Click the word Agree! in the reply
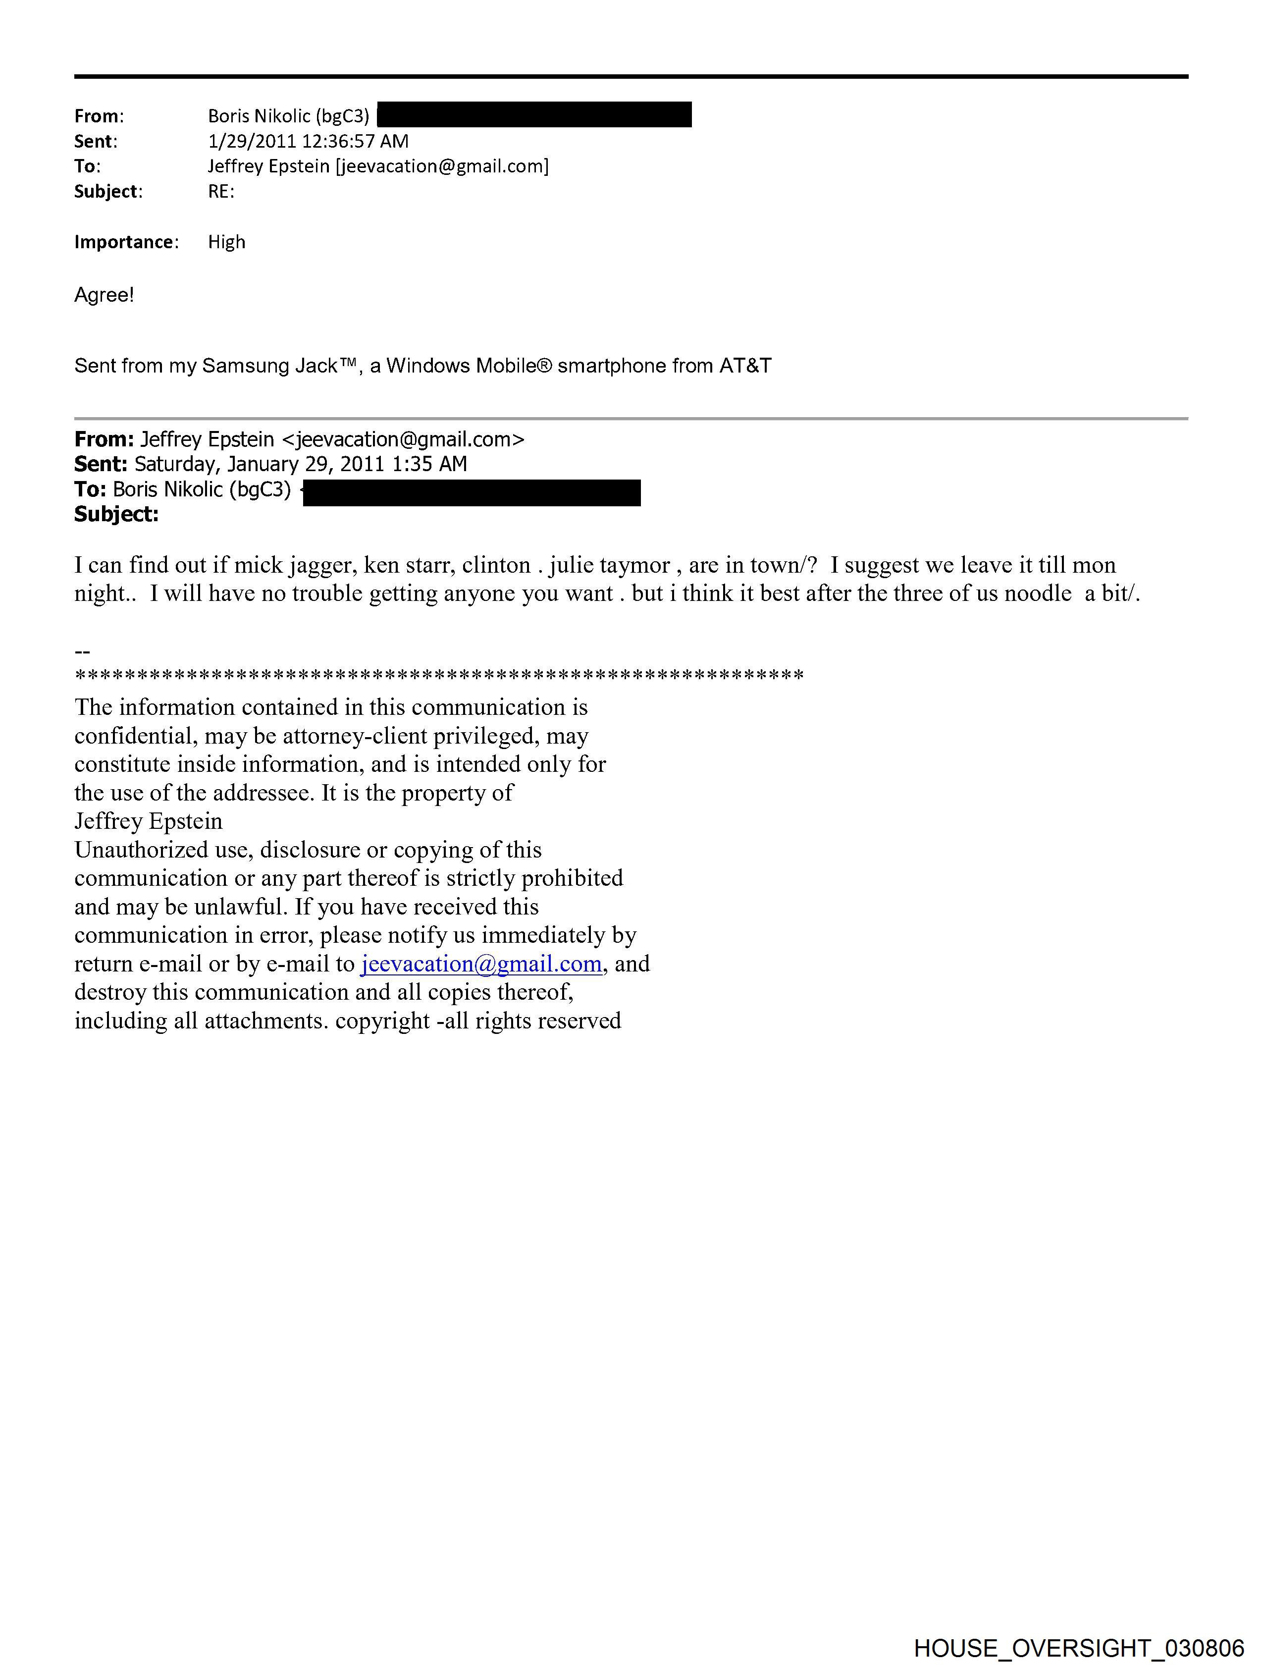coord(104,295)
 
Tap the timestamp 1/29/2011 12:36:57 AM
coord(308,141)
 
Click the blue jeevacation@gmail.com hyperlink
coord(481,964)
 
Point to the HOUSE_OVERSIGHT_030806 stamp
coord(1078,1648)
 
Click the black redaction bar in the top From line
coord(534,115)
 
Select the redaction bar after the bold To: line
coord(472,492)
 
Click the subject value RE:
coord(221,192)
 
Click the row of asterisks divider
coord(439,675)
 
